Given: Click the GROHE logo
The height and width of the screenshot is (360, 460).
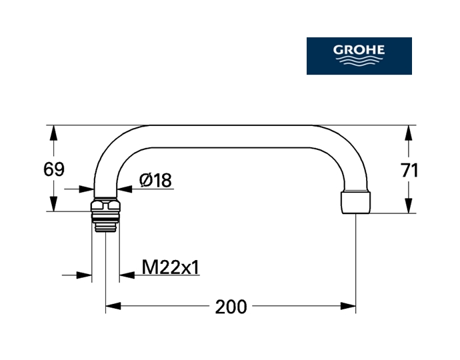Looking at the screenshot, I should click(359, 55).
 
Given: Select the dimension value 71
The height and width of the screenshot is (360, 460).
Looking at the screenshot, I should click(410, 170).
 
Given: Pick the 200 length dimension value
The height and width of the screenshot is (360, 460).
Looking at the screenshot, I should click(231, 307).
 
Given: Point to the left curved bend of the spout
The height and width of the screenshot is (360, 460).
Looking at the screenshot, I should click(111, 150).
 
